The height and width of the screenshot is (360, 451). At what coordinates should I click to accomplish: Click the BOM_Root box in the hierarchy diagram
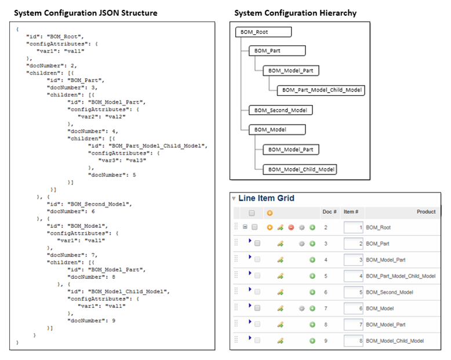click(263, 32)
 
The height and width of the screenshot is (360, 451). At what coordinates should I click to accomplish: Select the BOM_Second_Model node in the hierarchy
click(281, 110)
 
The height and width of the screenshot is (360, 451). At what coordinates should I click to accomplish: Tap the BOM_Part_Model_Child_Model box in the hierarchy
click(322, 90)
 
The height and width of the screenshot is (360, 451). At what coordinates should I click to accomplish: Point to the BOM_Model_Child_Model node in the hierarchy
click(300, 169)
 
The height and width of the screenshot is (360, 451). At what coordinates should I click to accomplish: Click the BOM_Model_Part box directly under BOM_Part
click(290, 71)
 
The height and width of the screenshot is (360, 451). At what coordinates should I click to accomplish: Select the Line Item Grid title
click(266, 198)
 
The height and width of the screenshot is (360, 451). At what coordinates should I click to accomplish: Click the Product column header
click(426, 212)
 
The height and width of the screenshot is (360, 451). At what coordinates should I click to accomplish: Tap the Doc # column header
click(329, 212)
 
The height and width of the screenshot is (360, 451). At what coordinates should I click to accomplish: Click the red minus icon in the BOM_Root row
click(291, 228)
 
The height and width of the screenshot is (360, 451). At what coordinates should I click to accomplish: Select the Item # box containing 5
click(353, 292)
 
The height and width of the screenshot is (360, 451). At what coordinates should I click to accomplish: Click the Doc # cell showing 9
click(326, 341)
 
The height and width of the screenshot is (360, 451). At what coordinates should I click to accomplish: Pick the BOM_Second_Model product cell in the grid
click(390, 292)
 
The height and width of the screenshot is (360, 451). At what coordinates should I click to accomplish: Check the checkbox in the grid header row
click(251, 213)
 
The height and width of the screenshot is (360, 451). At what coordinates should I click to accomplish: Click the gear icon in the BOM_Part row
click(301, 244)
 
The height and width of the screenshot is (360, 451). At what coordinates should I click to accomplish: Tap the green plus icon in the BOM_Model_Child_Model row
click(312, 341)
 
